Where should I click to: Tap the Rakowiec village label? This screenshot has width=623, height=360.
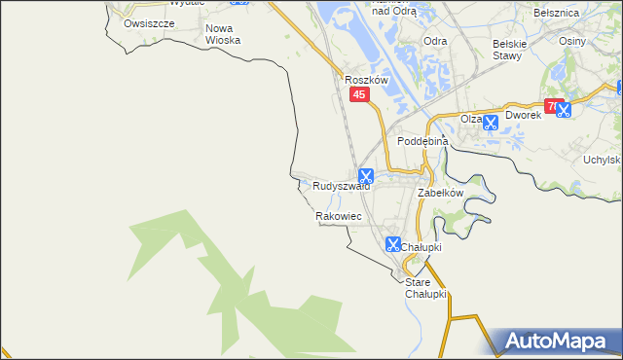tap(339, 216)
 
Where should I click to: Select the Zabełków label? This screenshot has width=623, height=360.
tap(439, 194)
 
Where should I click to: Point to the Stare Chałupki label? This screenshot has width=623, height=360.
tap(424, 288)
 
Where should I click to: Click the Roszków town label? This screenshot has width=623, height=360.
tap(367, 80)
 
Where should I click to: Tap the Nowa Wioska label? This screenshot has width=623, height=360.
tap(223, 34)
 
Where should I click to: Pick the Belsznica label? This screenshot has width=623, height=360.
tap(557, 13)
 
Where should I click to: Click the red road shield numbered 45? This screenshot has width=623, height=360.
tap(360, 94)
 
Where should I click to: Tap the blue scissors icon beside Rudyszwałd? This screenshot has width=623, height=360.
tap(366, 176)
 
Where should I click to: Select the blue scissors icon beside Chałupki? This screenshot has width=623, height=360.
tap(393, 244)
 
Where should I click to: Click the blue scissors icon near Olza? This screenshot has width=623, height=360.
tap(491, 123)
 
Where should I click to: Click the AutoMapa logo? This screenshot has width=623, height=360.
tap(559, 341)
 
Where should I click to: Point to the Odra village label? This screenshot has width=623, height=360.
tap(435, 41)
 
